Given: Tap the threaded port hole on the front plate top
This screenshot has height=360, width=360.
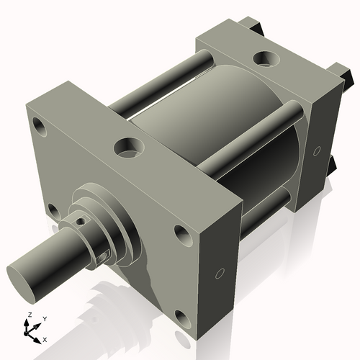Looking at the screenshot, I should pyautogui.click(x=130, y=148).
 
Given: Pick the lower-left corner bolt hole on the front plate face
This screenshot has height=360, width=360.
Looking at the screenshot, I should pyautogui.click(x=52, y=210).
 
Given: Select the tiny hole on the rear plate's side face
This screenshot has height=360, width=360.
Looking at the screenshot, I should pyautogui.click(x=318, y=151).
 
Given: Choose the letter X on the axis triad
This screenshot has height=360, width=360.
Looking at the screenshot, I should pyautogui.click(x=45, y=338).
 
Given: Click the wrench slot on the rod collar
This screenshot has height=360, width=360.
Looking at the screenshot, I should pyautogui.click(x=105, y=253).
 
